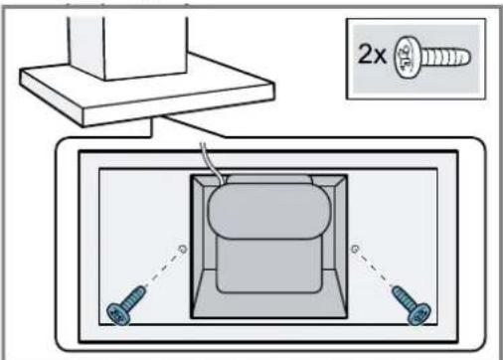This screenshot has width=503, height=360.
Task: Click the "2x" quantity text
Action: tap(372, 55)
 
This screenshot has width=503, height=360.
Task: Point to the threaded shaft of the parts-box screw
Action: tap(444, 57)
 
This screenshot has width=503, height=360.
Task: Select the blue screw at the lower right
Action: tap(412, 305)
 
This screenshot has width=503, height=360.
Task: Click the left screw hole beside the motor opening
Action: tap(183, 249)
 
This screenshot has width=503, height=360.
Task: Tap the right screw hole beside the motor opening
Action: tap(355, 249)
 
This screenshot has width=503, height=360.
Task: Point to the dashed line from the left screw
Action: tap(162, 268)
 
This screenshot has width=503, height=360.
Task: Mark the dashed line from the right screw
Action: tap(375, 268)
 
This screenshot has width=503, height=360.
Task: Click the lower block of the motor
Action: tap(269, 266)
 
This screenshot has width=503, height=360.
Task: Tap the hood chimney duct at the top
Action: tap(128, 47)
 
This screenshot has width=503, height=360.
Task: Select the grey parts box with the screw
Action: tap(416, 59)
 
